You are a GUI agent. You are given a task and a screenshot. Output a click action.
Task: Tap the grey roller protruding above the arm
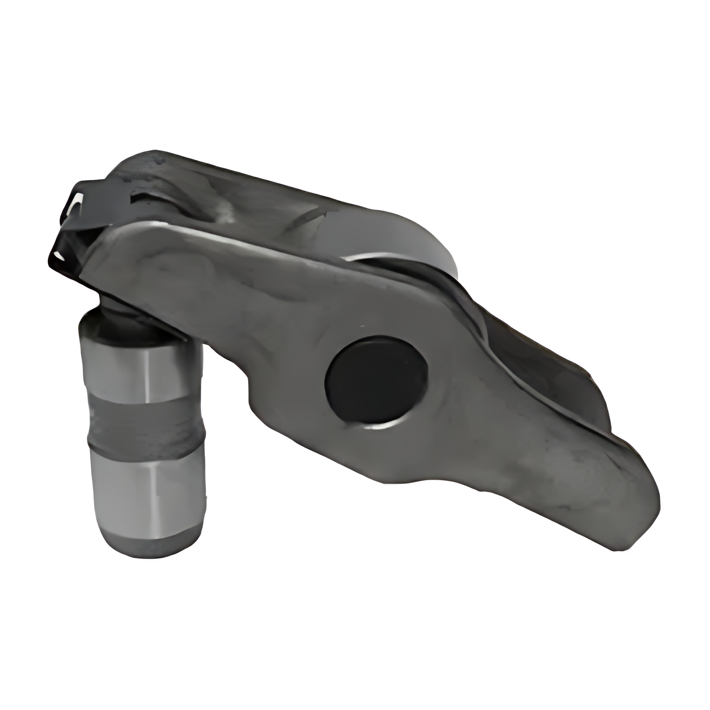pyautogui.click(x=406, y=241)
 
